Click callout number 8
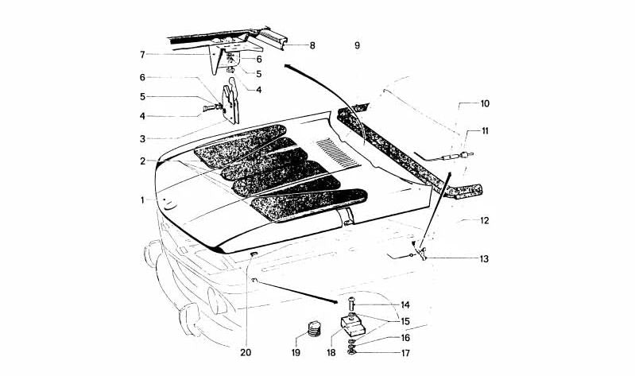coord(312,46)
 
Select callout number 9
coord(357,45)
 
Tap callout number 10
coord(485,103)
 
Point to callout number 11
coord(485,131)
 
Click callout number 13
coord(484,258)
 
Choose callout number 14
coord(405,304)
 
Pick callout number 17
coord(405,353)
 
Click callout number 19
coord(296,353)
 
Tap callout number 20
coord(246,353)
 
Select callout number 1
coord(142,200)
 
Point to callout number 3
coord(142,139)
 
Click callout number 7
coord(142,55)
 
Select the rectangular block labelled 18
coord(352,326)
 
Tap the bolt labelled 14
coord(351,304)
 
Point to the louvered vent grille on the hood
coord(338,153)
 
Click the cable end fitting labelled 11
coord(463,155)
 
